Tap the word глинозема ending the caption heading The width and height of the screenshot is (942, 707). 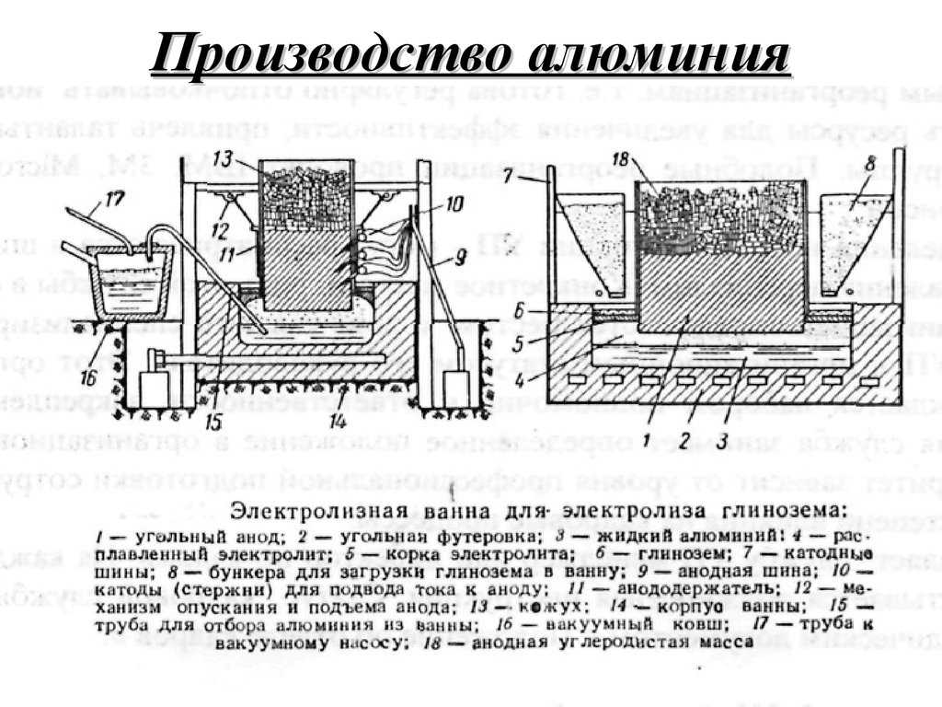[788, 511]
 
